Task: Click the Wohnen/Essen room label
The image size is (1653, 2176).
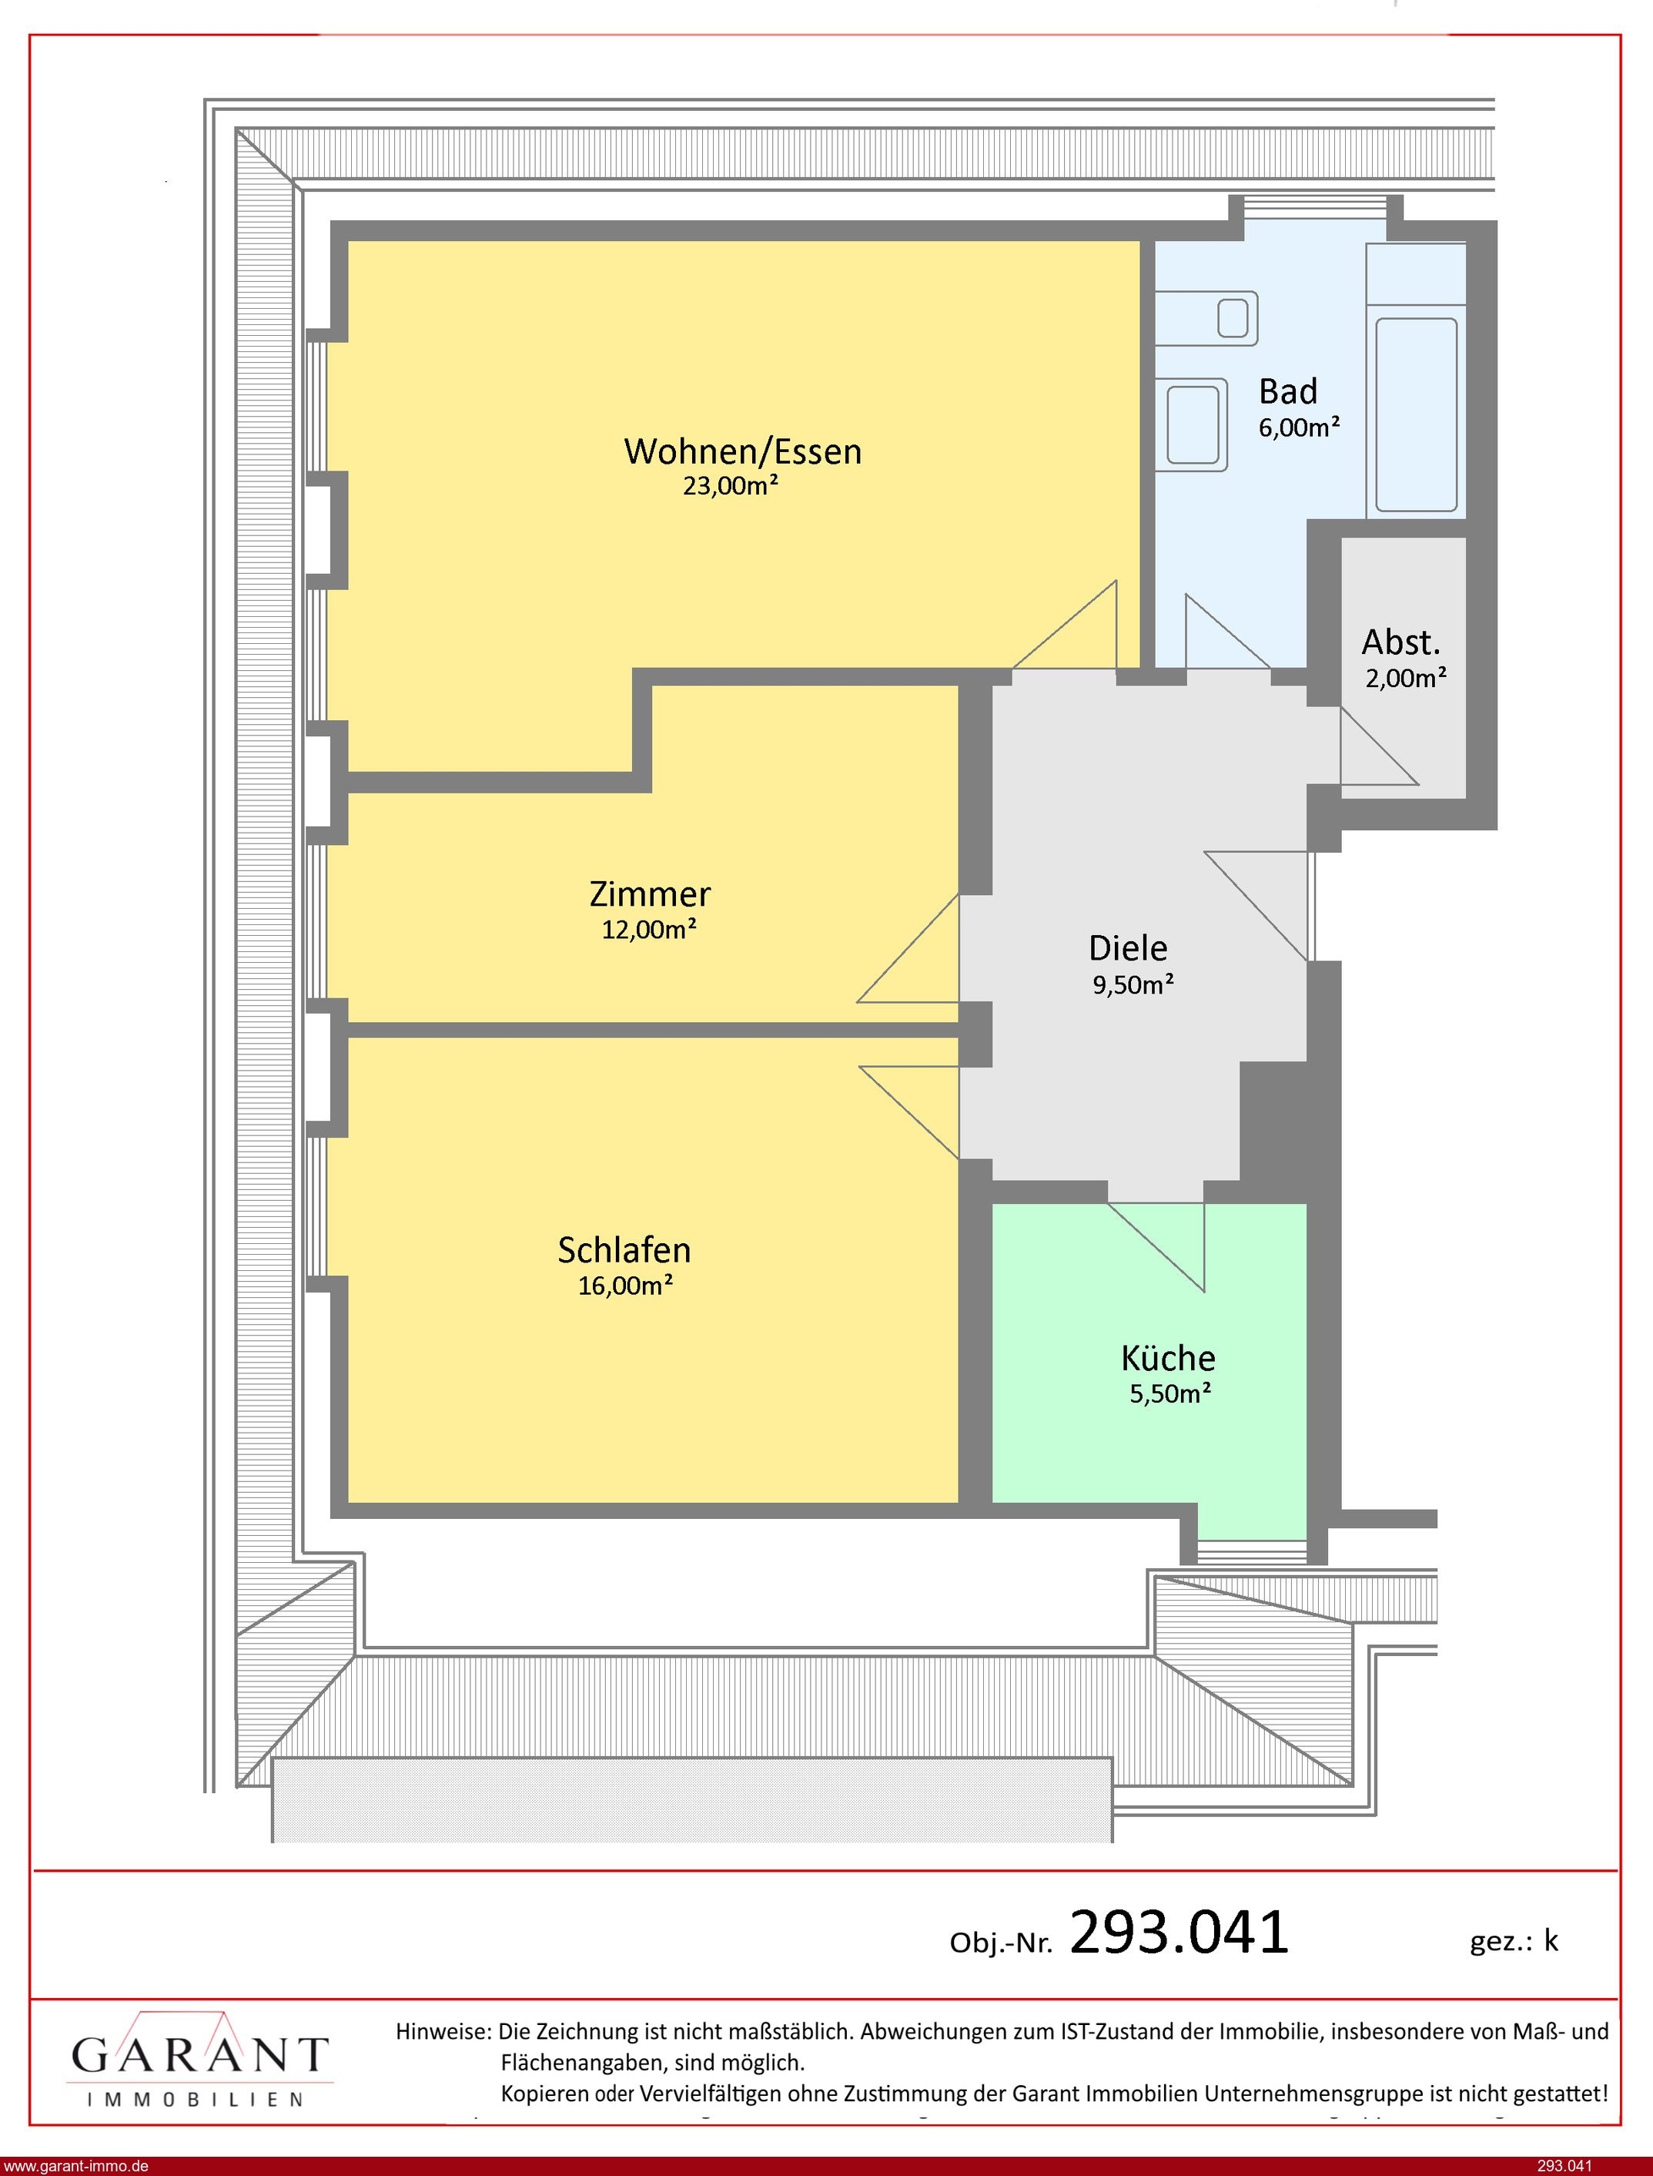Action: (743, 451)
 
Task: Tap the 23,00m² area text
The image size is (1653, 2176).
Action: (731, 485)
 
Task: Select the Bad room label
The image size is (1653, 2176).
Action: (1288, 392)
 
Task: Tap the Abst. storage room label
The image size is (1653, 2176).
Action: (1401, 642)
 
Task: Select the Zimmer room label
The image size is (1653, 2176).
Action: (649, 894)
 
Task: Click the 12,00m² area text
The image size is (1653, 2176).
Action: (649, 929)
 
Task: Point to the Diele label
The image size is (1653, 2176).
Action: (1129, 947)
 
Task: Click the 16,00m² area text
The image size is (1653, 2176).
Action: (626, 1286)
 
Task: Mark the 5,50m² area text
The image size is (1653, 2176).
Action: (1170, 1393)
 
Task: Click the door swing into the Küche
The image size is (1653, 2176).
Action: (1156, 1247)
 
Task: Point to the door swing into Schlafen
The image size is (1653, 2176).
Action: (909, 1113)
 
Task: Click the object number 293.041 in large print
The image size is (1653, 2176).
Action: (1179, 1931)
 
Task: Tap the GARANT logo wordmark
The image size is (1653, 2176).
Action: (199, 2054)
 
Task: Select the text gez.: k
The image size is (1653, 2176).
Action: (1514, 1941)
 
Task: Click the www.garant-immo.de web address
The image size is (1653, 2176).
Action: (75, 2166)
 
